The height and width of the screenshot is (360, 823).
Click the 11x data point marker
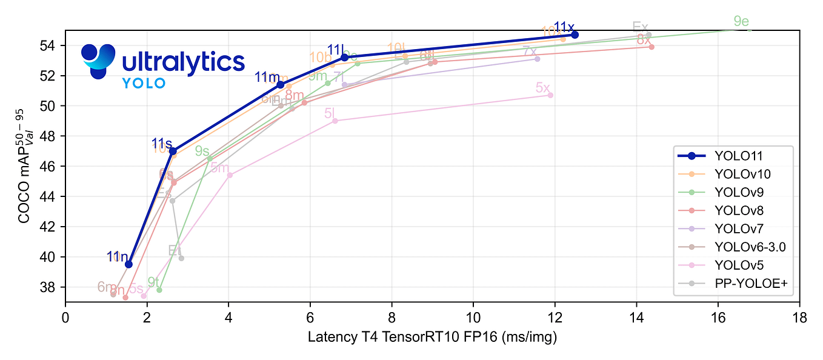(575, 35)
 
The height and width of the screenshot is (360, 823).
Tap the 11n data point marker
(128, 264)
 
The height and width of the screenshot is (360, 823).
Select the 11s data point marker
(173, 151)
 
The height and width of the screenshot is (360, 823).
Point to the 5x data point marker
(550, 95)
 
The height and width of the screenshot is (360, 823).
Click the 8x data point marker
(651, 47)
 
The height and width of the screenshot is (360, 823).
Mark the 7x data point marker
(537, 59)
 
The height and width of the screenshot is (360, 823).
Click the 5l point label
(329, 113)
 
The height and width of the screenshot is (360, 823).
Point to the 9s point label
(202, 152)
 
